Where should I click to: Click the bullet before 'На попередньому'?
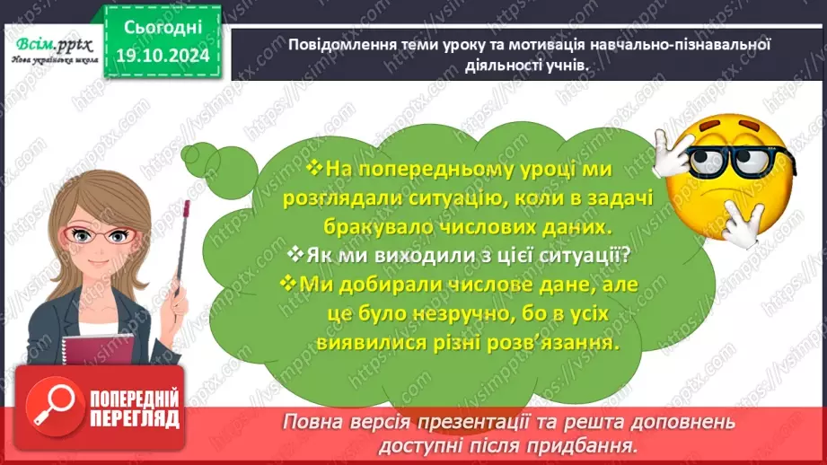tap(314, 168)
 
